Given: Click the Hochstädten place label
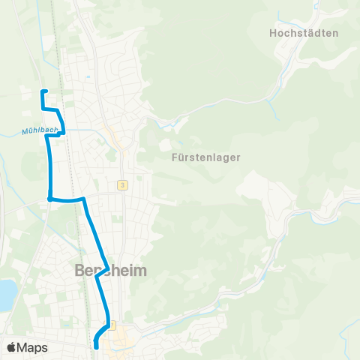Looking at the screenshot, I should tap(304, 33).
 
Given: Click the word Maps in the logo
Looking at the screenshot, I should tap(33, 347).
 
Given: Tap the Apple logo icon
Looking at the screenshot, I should tap(12, 347).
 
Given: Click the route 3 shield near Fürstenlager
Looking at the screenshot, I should tap(121, 184).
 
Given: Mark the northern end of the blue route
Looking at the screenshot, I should tap(43, 91).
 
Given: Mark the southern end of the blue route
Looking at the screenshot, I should tap(97, 346).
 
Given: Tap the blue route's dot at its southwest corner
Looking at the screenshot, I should tap(49, 199).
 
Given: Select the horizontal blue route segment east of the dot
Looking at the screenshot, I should tap(67, 200).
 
